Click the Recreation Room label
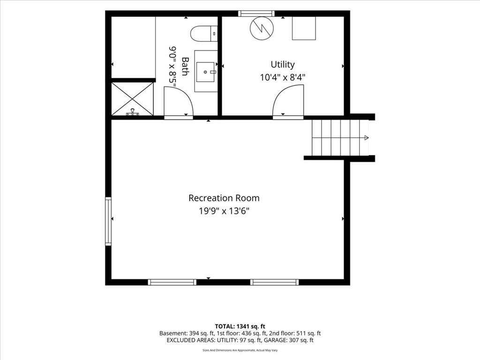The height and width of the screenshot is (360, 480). [224, 198]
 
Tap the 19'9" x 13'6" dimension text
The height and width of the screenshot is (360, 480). [224, 211]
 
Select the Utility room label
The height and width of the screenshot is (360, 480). [283, 65]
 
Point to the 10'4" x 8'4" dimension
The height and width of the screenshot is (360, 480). [283, 77]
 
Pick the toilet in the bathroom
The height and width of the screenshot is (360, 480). [204, 34]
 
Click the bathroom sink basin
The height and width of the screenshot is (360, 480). [205, 72]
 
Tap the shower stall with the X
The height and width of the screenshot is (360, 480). [132, 99]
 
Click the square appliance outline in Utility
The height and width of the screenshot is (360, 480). [304, 28]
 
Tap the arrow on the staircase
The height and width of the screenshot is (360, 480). [366, 138]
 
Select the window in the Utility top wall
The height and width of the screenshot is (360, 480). [256, 14]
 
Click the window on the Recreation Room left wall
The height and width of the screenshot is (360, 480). [108, 221]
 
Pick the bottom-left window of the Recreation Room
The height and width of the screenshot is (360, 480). [172, 282]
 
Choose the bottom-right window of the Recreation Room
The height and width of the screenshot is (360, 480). [274, 282]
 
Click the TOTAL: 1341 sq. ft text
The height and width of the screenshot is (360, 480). [240, 326]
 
